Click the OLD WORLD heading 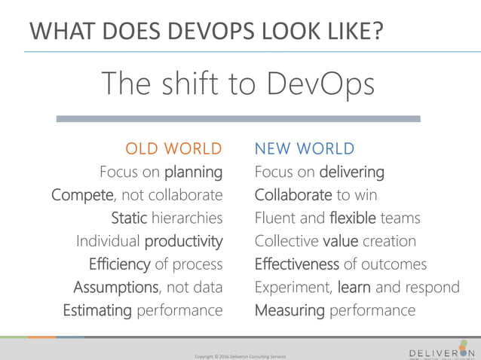[173, 148]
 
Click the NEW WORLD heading [305, 148]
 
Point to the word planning [194, 172]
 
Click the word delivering [351, 172]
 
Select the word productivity [183, 242]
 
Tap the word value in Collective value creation [339, 242]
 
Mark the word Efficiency [119, 264]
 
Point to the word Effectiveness [297, 264]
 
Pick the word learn [354, 287]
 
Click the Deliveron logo [442, 349]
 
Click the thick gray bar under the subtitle [238, 119]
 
